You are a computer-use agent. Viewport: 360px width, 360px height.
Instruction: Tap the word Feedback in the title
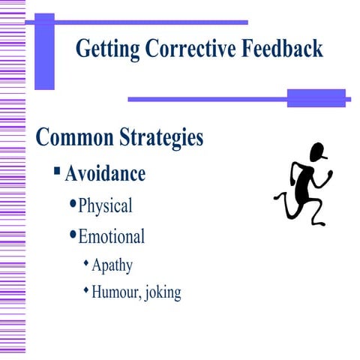[x=281, y=49]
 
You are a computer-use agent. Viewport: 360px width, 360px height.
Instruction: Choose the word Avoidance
[x=105, y=174]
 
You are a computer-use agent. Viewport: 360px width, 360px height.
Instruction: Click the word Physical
[x=105, y=205]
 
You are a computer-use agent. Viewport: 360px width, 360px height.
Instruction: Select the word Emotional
[x=112, y=237]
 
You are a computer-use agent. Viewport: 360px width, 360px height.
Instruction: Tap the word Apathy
[x=112, y=265]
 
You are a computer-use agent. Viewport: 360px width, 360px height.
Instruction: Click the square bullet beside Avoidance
[x=57, y=172]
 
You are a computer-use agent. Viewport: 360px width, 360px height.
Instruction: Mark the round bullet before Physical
[x=73, y=204]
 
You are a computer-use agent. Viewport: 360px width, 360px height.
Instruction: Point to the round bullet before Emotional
[x=73, y=235]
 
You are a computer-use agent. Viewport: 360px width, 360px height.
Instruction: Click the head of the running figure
[x=319, y=152]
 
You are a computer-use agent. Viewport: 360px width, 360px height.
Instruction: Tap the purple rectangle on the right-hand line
[x=316, y=98]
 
